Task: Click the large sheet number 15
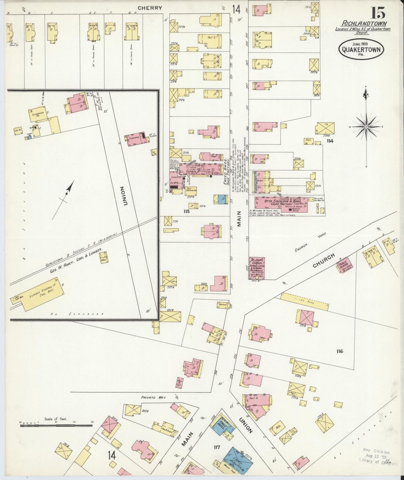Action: pos(378,13)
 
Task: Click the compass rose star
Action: pos(366,127)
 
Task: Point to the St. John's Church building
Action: pos(257,268)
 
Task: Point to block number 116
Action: pos(340,351)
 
